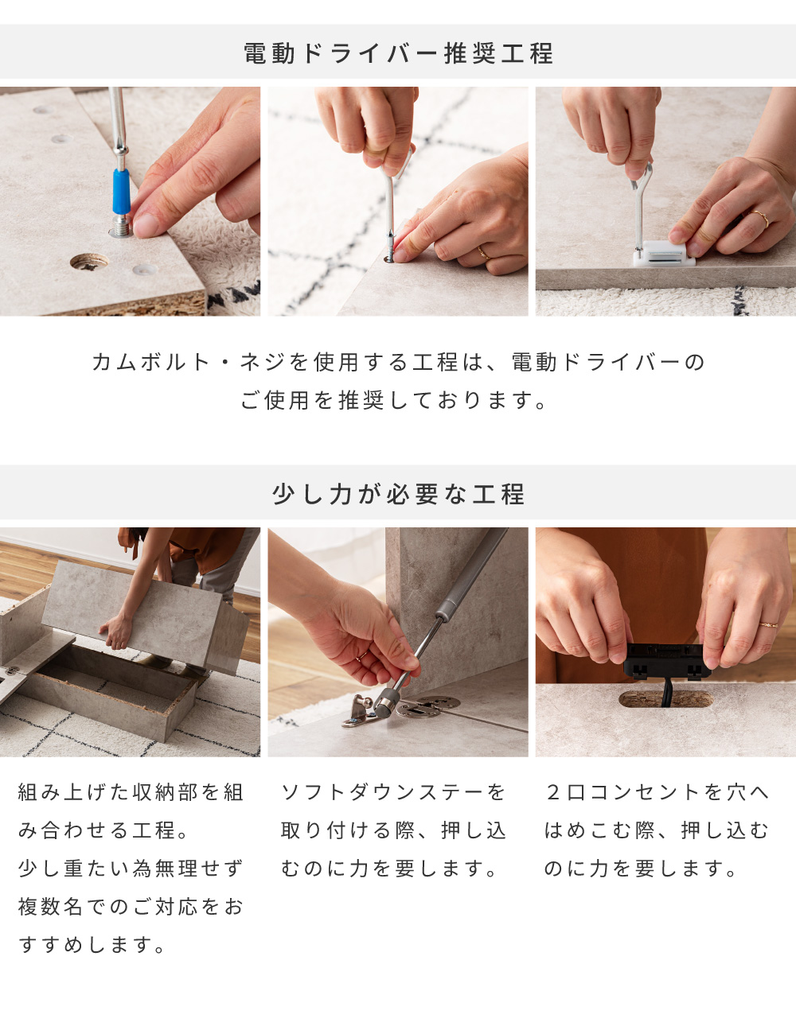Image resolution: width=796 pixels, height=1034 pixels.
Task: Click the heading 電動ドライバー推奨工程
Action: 398,52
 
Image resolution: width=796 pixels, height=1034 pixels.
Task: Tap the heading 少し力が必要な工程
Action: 398,493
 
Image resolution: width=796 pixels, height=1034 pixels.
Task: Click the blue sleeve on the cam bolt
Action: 121,191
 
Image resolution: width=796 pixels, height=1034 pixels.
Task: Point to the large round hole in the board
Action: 89,262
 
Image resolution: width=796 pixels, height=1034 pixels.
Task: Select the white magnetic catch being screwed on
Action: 664,253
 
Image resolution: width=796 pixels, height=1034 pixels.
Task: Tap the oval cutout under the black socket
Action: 665,699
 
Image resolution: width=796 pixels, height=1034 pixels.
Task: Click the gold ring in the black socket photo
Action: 768,624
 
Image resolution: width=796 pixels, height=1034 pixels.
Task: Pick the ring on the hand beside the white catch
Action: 760,218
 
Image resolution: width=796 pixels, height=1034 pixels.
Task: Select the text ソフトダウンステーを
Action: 393,792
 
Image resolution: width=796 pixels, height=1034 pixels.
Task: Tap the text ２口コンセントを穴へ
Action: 657,792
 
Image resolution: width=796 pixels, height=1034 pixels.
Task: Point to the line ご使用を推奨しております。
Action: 394,400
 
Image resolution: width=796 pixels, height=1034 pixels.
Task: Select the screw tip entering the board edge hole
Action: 390,255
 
